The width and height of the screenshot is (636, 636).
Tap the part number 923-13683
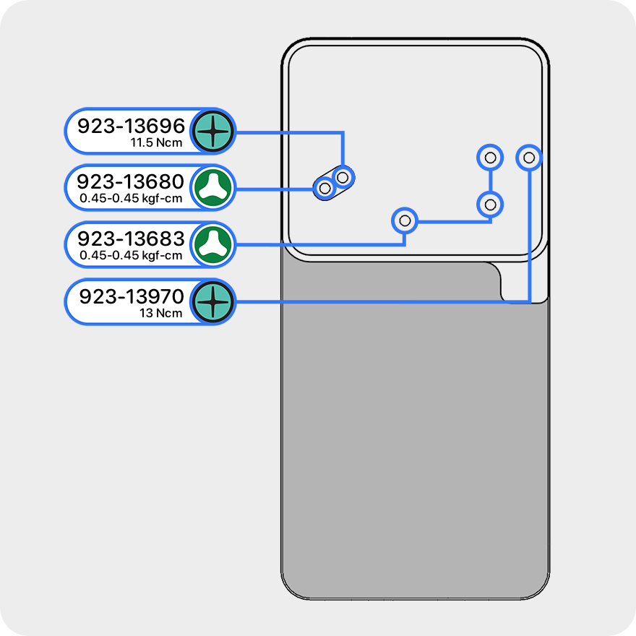pyautogui.click(x=131, y=239)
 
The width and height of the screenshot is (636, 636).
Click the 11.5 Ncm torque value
pyautogui.click(x=156, y=143)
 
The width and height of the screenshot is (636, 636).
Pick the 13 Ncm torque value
pyautogui.click(x=161, y=314)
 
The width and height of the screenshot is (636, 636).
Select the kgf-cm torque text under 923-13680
pyautogui.click(x=130, y=198)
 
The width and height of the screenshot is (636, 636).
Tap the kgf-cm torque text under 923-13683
pyautogui.click(x=130, y=255)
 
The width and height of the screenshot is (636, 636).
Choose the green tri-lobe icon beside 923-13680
pyautogui.click(x=214, y=188)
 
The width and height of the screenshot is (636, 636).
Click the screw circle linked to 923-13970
pyautogui.click(x=529, y=157)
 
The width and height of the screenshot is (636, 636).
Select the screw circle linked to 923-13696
pyautogui.click(x=343, y=176)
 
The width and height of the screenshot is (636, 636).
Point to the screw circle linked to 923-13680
pyautogui.click(x=325, y=189)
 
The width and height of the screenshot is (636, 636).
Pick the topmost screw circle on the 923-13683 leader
pyautogui.click(x=490, y=157)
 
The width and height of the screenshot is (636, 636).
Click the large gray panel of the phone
pyautogui.click(x=412, y=434)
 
